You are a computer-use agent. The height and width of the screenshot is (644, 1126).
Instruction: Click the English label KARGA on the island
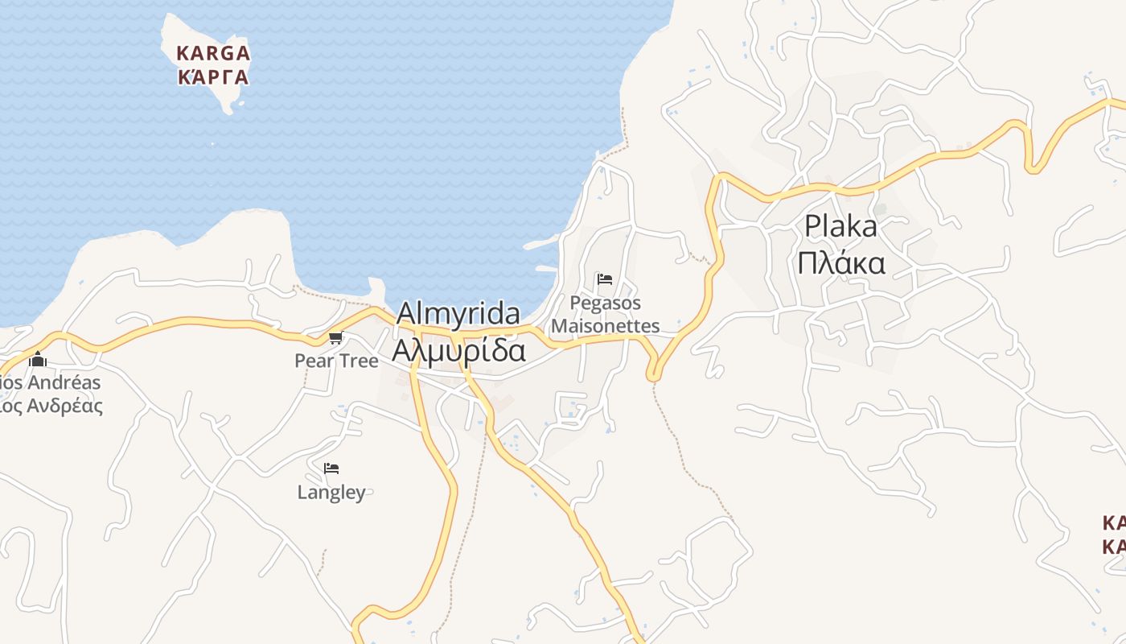(213, 54)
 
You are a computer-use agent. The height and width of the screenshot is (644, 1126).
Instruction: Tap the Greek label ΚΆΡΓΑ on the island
(213, 78)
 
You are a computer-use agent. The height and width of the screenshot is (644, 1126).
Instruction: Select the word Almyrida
(458, 313)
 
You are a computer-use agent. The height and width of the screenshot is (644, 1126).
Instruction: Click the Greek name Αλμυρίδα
(458, 351)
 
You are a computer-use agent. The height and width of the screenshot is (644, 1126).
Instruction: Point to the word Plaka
(840, 226)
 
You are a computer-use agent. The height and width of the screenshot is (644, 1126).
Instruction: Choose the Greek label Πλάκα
(841, 263)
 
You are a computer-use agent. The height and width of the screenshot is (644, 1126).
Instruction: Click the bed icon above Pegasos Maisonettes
(605, 279)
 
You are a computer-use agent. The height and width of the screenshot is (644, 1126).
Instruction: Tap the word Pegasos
(606, 303)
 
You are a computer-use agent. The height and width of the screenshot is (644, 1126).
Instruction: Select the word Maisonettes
(606, 326)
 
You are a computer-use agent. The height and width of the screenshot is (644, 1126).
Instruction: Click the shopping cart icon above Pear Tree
(335, 337)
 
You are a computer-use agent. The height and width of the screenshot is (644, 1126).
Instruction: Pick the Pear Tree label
(336, 361)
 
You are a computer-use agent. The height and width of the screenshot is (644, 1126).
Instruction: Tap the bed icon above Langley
(331, 468)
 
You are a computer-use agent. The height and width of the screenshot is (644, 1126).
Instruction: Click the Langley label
(331, 492)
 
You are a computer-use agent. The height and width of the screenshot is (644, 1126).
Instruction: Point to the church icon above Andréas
(38, 359)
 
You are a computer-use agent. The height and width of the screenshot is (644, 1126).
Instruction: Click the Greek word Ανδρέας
(64, 405)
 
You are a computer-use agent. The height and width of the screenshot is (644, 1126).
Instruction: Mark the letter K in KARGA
(183, 54)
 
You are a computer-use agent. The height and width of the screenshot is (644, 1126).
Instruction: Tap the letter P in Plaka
(812, 226)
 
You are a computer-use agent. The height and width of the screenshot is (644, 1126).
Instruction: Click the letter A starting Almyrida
(406, 313)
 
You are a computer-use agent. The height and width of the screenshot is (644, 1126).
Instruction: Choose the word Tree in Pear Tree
(357, 361)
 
